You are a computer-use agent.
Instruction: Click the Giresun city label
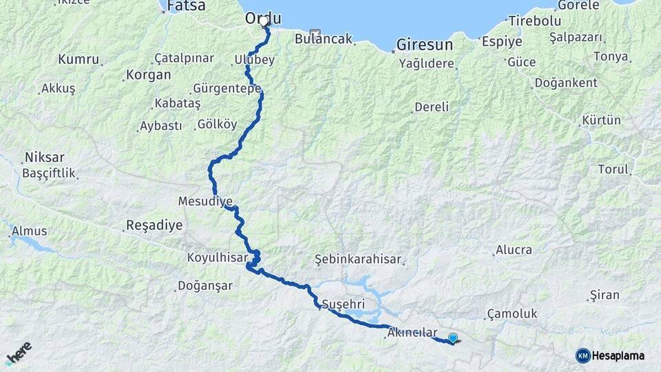pos(424,45)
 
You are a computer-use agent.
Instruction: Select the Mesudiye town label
pos(205,202)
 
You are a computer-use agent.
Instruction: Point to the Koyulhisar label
pos(216,258)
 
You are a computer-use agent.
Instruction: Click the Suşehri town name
pos(343,304)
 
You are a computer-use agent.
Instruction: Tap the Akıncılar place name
pos(412,333)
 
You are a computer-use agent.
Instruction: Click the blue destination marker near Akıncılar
pos(452,338)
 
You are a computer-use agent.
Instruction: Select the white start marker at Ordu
pos(264,21)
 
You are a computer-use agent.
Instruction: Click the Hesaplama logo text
pos(618,355)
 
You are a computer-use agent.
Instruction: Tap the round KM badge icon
pos(583,355)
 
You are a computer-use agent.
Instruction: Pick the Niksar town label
pos(44,157)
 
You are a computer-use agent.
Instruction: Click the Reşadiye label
pos(154,225)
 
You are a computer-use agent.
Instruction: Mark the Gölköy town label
pos(217,125)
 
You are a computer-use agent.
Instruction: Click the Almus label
pos(30,231)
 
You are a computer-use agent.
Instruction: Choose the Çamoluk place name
pos(512,313)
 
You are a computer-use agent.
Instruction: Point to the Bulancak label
pos(323,39)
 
